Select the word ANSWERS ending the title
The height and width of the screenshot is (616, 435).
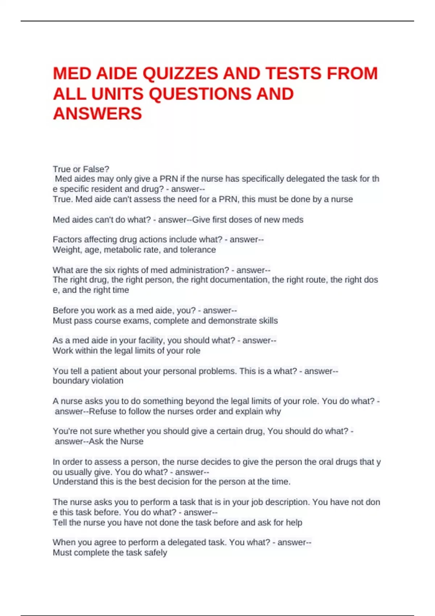(x=97, y=114)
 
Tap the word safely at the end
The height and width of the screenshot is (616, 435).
(x=156, y=553)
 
